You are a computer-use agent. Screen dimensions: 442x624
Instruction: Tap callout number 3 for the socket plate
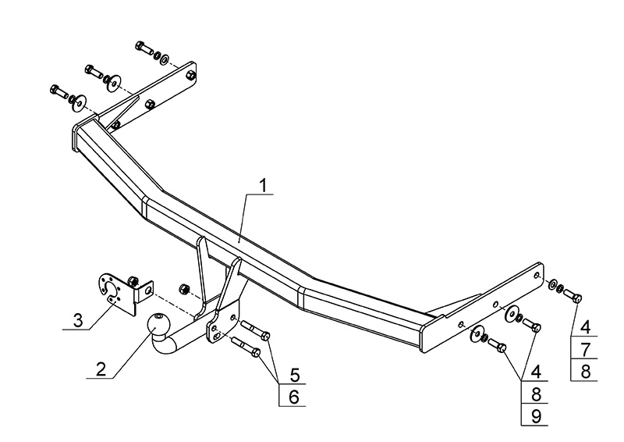tap(77, 320)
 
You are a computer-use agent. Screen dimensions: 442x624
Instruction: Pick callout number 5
tap(293, 374)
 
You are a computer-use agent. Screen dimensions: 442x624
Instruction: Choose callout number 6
tap(293, 396)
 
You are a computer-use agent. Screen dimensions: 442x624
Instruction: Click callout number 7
tap(584, 348)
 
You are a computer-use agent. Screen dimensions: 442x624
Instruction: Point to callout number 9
tap(535, 415)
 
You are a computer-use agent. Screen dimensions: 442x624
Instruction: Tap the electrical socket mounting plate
tap(118, 291)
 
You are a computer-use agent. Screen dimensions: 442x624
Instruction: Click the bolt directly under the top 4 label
tap(573, 295)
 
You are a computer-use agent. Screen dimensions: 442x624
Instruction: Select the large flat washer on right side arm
tap(515, 315)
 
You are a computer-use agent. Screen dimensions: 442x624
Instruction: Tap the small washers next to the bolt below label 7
tap(555, 287)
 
